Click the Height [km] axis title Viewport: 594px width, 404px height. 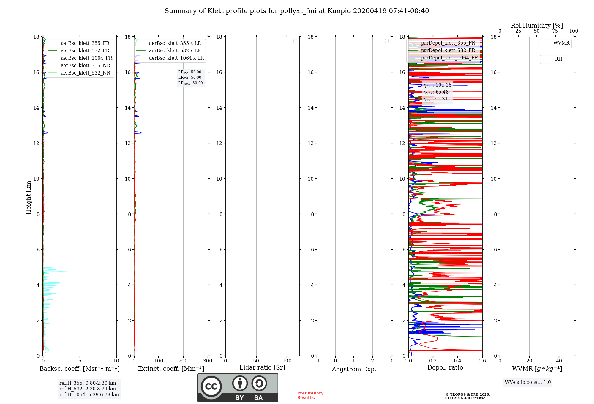(29, 196)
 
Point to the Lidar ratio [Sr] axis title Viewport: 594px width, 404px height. (262, 367)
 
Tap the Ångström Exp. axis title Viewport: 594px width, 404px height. (354, 369)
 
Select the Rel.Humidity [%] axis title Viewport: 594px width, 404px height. (537, 26)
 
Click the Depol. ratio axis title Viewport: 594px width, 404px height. (445, 367)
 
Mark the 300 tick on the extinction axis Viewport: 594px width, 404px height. (208, 361)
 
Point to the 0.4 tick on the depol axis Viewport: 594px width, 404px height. (457, 361)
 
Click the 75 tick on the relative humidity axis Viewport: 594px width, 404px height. (555, 31)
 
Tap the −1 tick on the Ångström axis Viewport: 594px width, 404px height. (317, 361)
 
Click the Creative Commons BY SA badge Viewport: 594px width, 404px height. (238, 387)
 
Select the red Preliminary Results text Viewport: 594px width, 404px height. (310, 395)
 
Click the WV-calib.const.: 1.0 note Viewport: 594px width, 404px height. (528, 382)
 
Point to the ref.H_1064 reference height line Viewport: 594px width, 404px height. (89, 394)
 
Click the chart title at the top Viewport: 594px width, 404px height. (297, 11)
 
